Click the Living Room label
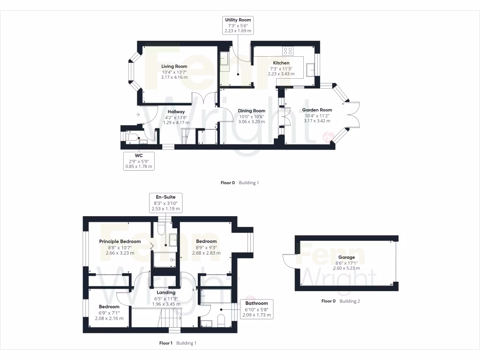[174, 67]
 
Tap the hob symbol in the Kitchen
[288, 51]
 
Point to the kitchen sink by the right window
[310, 69]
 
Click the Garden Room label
[317, 110]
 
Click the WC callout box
[139, 160]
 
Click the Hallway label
[176, 112]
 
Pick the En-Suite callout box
[165, 202]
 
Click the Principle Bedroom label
[120, 241]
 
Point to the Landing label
[165, 292]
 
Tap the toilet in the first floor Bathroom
[221, 322]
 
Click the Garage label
[346, 257]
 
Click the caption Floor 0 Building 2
[340, 301]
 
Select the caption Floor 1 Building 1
[178, 343]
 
